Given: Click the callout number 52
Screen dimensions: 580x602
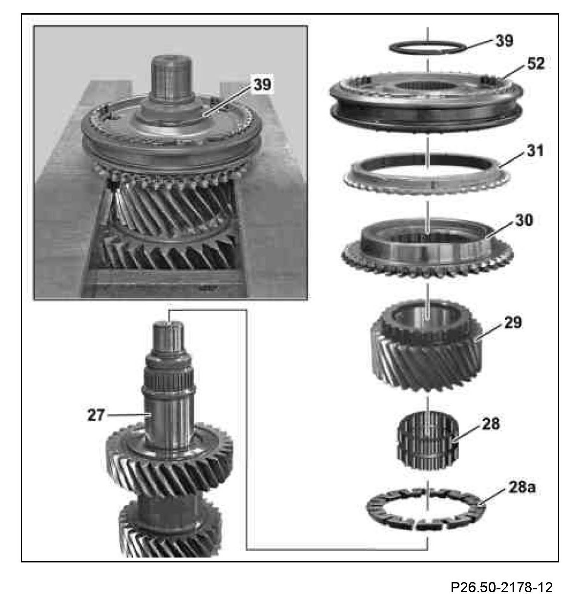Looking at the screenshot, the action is [536, 64].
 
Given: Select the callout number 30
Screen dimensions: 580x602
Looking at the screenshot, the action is [524, 220].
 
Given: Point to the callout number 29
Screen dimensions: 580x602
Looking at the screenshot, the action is [513, 322].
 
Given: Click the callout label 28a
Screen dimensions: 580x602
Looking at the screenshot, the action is [522, 488].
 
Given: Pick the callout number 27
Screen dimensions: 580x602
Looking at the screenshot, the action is [96, 415].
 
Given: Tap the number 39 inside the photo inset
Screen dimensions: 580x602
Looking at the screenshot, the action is [262, 85].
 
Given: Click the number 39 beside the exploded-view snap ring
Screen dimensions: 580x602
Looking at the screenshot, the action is [504, 41].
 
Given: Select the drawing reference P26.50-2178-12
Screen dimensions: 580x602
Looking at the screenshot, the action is [501, 586].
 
